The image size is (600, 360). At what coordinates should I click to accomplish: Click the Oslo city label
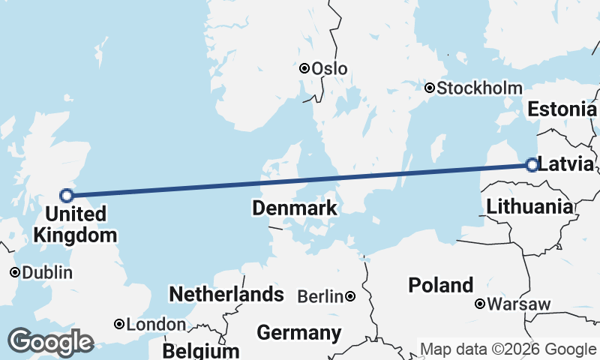point(329,68)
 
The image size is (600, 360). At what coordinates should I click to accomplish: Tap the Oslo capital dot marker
point(305,68)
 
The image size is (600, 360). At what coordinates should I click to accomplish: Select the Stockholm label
point(479,88)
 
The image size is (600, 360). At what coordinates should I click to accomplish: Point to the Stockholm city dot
point(430,88)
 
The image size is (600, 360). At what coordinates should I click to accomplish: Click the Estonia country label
point(562,109)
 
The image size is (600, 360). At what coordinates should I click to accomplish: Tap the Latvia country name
point(566,165)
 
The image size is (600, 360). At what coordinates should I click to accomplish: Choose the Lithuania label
point(529,206)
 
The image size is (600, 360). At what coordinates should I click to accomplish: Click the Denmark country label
point(295,208)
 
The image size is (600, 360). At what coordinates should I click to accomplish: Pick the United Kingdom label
point(75,225)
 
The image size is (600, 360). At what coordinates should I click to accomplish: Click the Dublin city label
point(47,272)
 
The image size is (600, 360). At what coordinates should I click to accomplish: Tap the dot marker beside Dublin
point(14,272)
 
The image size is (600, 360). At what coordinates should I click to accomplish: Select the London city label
point(156,325)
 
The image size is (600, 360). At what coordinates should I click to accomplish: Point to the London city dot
point(119,325)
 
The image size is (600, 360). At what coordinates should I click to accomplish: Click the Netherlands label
point(226,294)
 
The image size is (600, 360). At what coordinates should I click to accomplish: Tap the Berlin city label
point(320,297)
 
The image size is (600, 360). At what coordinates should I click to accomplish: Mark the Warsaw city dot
point(480,304)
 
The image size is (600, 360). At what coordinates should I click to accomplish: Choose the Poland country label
point(441,285)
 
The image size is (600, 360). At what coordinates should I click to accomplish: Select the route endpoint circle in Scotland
point(67,196)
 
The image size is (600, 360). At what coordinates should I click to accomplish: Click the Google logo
point(50,342)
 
